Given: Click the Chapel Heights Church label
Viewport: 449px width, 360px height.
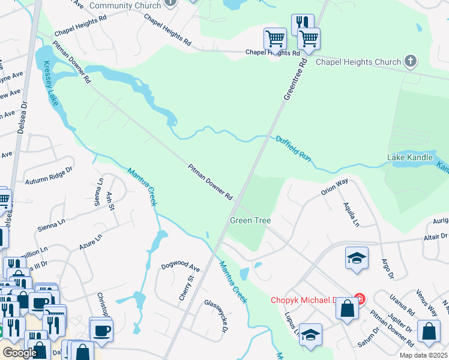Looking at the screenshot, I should coord(358,62).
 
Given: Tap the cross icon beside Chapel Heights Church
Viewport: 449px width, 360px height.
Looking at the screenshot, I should coord(411,61).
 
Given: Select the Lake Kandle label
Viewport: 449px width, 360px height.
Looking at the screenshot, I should coord(410,158).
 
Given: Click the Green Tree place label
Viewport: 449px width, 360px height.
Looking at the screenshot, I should coord(250,221).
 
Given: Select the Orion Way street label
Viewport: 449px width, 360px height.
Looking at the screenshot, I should coord(334,187).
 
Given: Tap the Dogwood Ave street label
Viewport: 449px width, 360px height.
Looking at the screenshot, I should coord(179,265).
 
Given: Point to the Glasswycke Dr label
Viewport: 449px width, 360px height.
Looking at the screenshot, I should coord(216,316).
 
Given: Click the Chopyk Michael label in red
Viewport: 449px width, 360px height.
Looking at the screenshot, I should coord(309,300).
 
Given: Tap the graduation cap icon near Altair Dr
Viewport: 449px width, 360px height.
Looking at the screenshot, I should coord(357,258).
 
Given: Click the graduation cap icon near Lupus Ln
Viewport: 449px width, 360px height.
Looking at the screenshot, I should coord(310,334).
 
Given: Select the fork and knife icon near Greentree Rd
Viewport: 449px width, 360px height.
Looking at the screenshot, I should coord(303,24).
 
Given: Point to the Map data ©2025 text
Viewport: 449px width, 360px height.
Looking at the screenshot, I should coord(424,355).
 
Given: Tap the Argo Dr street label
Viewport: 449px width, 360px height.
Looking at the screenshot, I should coord(387,269).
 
